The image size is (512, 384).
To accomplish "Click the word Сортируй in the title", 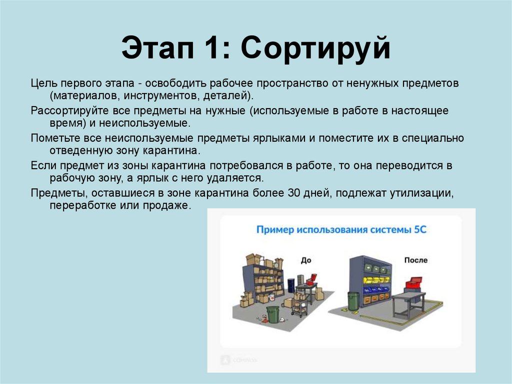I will (x=315, y=51).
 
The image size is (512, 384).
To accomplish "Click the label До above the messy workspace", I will (x=305, y=260).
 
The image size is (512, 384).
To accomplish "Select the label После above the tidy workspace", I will (x=416, y=260).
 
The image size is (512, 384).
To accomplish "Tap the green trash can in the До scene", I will (x=273, y=314).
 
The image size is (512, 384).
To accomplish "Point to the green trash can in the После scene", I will (x=353, y=301).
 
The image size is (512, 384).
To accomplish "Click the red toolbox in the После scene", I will (x=414, y=283).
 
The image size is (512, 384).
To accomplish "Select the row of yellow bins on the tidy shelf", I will (x=377, y=279).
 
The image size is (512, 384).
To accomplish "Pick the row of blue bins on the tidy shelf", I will (x=377, y=289).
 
